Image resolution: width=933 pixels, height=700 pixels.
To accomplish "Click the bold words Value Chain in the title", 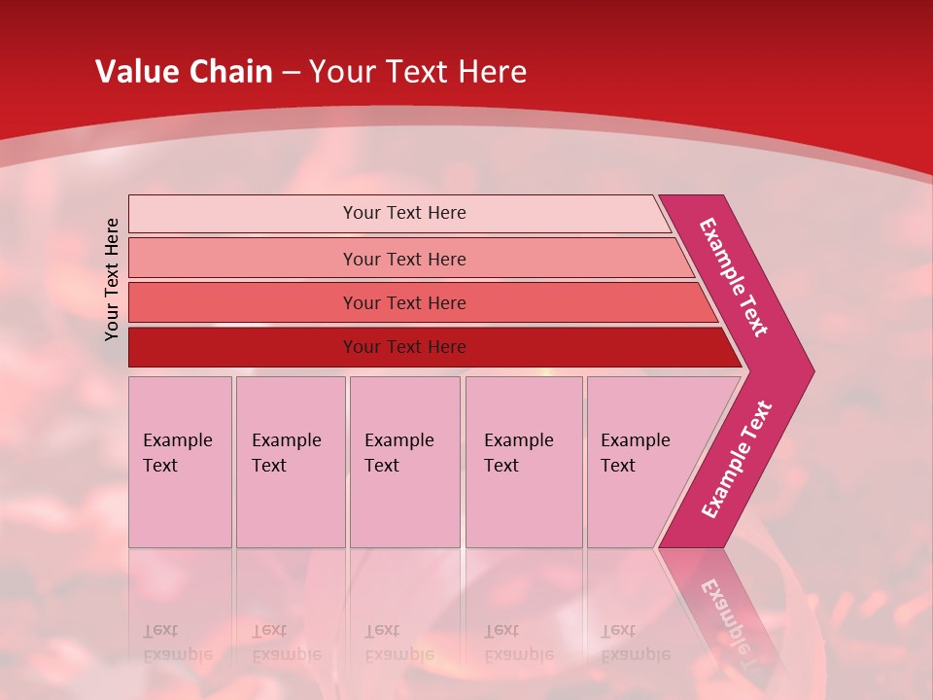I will pyautogui.click(x=184, y=72).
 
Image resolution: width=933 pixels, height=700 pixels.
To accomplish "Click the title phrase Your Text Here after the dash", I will pyautogui.click(x=418, y=72).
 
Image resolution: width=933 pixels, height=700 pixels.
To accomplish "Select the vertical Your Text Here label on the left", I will pyautogui.click(x=112, y=279).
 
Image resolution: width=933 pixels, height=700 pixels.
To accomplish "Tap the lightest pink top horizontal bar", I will pyautogui.click(x=403, y=213).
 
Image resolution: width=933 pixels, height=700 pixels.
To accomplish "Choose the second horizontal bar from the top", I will pyautogui.click(x=403, y=259).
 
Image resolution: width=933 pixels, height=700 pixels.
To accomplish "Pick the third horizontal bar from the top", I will pyautogui.click(x=403, y=302).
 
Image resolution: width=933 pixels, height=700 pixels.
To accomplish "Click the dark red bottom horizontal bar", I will pyautogui.click(x=403, y=347).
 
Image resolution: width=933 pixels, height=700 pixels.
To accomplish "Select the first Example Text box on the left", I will pyautogui.click(x=180, y=461).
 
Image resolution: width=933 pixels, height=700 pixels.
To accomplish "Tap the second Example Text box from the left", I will pyautogui.click(x=290, y=461).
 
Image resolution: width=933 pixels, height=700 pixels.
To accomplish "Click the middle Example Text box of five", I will pyautogui.click(x=404, y=461).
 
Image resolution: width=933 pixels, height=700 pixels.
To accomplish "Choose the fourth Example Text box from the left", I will pyautogui.click(x=523, y=461).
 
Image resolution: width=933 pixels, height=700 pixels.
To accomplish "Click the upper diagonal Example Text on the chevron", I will pyautogui.click(x=734, y=277).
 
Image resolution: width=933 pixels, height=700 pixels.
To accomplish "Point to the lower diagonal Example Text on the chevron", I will pyautogui.click(x=737, y=460).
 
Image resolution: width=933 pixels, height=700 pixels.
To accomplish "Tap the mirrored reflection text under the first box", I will pyautogui.click(x=177, y=643).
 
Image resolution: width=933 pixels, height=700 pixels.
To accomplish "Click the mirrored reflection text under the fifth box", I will pyautogui.click(x=635, y=643).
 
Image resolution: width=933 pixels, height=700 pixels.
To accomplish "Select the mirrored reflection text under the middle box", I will pyautogui.click(x=398, y=643).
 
